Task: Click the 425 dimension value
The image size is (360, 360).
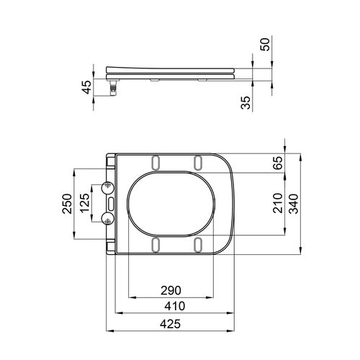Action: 170,324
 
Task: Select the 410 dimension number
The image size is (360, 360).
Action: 175,306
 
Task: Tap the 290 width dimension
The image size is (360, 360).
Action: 171,290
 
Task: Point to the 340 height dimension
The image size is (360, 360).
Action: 294,204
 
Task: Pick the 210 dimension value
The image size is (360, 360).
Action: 278,203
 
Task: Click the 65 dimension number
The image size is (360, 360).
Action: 279,163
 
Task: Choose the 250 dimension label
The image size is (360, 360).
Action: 67,204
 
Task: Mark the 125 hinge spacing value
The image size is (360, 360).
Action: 84,203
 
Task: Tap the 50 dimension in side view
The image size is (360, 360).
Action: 265,45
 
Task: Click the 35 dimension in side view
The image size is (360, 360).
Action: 246,103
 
